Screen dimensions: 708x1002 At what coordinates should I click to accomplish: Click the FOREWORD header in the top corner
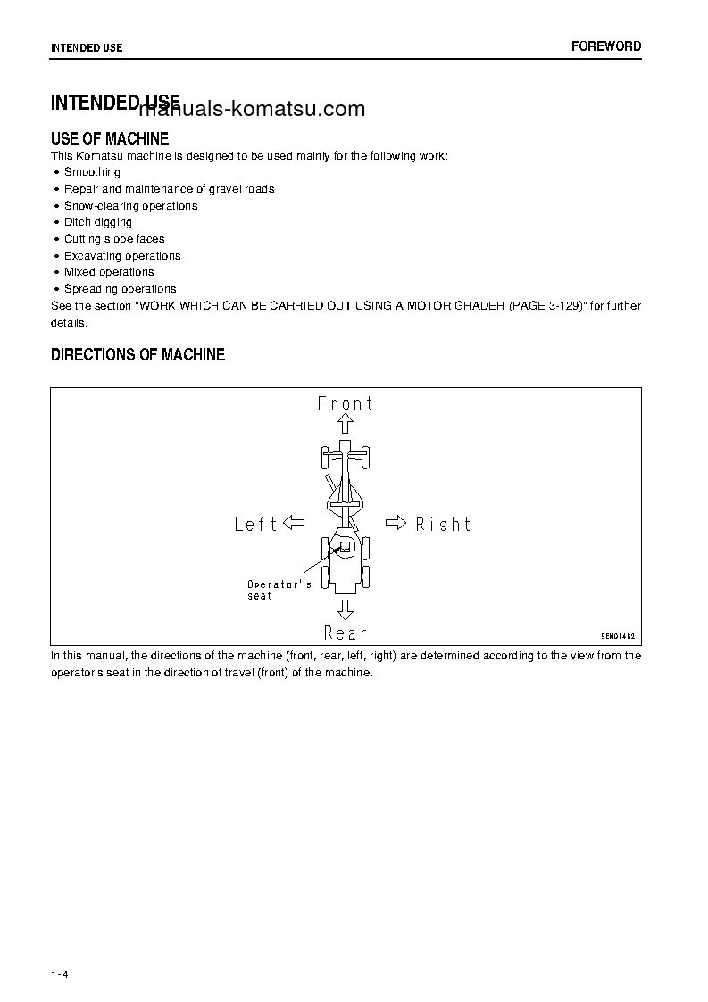606,46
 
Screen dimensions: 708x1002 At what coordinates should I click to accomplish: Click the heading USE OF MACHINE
110,139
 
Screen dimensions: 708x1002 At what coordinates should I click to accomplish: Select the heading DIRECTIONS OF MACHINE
137,355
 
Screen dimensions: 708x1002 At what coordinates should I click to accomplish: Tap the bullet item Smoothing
92,172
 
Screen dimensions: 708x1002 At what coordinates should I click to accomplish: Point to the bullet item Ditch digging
97,222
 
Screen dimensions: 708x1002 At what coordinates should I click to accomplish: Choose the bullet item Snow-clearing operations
130,206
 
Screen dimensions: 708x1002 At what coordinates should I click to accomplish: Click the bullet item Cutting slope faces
114,239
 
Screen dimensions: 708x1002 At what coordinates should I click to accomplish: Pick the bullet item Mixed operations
109,272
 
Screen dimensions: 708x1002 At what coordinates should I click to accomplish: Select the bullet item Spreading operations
120,289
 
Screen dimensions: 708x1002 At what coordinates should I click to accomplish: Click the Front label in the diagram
346,403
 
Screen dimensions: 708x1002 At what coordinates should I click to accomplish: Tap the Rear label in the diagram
346,633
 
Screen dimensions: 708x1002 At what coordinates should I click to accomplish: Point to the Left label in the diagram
256,525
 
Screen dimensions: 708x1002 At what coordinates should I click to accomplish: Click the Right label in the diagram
443,524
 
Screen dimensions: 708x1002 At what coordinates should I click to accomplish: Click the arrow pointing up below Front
346,425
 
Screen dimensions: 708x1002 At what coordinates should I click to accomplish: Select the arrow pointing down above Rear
346,610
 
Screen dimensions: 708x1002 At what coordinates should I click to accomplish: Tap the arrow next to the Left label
294,523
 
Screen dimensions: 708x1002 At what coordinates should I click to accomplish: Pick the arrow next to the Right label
396,523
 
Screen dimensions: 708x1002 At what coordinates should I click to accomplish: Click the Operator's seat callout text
279,590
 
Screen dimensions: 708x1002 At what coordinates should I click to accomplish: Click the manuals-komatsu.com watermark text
253,109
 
